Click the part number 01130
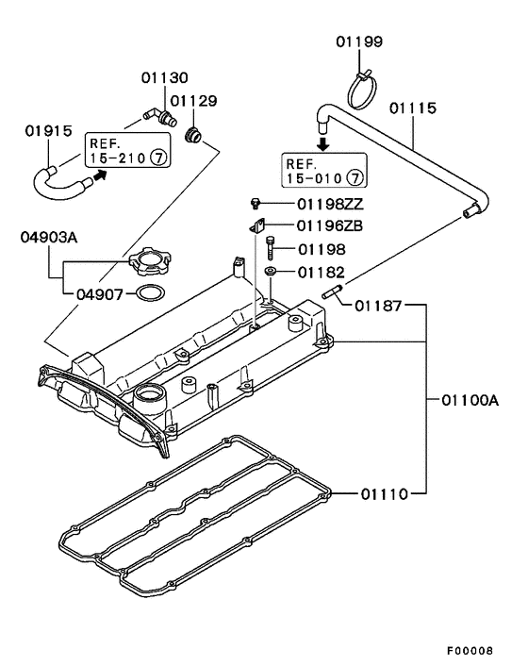(165, 77)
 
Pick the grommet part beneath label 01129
(195, 134)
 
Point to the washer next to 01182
(271, 273)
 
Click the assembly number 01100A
(469, 400)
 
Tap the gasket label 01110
(381, 491)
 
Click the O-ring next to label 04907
(145, 294)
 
